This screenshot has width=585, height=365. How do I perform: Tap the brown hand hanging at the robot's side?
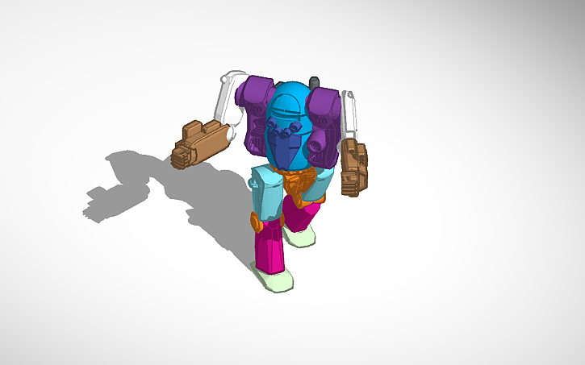tap(353, 168)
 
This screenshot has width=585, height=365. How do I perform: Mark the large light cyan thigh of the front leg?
tap(267, 193)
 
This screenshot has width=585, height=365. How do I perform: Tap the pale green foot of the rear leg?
tap(299, 236)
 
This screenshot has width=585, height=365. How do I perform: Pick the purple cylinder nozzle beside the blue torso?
tap(320, 146)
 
